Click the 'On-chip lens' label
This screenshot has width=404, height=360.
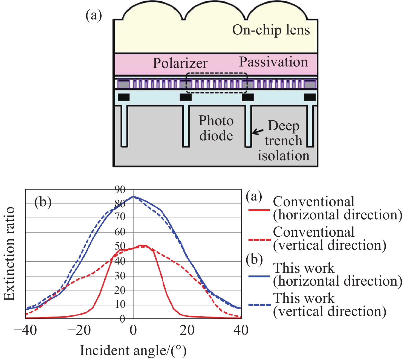[x=271, y=30]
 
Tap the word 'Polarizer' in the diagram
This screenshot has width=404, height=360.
[x=180, y=63]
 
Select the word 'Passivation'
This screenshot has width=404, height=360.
[x=273, y=62]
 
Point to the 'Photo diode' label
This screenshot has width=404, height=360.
[x=216, y=128]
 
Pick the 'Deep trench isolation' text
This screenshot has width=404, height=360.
[x=284, y=140]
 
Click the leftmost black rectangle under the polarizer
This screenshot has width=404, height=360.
[x=124, y=97]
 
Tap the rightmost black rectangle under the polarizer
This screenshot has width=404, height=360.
[x=310, y=97]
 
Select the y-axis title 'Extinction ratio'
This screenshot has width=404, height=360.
[x=9, y=254]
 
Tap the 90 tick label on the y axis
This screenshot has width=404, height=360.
[x=120, y=190]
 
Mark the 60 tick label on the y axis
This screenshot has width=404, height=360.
[x=120, y=232]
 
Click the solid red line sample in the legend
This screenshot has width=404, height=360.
[x=259, y=210]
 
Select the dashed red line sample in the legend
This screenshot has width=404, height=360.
[x=260, y=239]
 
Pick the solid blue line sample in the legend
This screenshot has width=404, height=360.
[x=259, y=276]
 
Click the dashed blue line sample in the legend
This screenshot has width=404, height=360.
[x=260, y=305]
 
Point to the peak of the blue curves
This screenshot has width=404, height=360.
[x=133, y=196]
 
